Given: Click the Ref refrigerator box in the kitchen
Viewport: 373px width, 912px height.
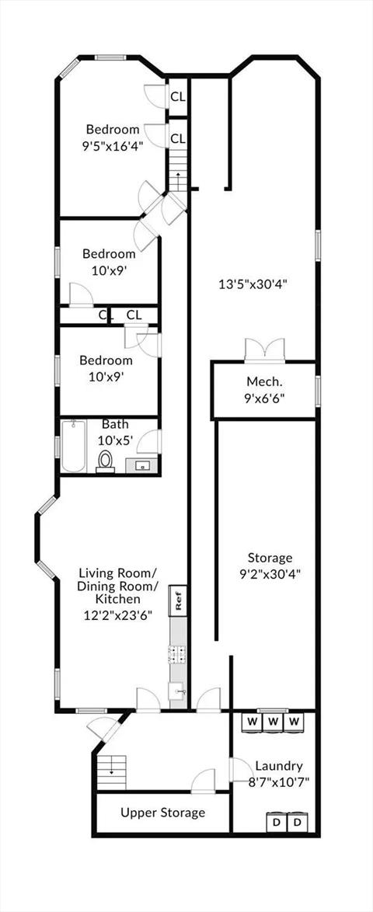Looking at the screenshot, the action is [x=178, y=600].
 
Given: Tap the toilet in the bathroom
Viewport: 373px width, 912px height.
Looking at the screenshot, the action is [x=106, y=461].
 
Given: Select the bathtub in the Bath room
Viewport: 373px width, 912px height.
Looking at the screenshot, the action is [x=74, y=447].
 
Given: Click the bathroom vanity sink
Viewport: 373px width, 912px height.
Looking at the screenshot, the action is [x=142, y=465].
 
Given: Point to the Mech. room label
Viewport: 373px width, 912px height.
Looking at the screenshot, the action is [x=265, y=382].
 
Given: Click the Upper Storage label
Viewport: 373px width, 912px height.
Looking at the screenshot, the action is [x=163, y=812].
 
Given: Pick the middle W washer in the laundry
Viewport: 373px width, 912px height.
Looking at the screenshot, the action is [x=274, y=722].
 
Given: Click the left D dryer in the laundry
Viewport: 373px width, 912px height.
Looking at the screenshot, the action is [x=276, y=823].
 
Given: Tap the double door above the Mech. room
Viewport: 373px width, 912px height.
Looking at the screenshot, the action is [x=265, y=350].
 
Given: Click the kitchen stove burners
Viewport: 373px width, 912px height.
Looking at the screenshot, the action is [x=177, y=655].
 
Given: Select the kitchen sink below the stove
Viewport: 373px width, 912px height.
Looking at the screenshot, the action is [x=177, y=691].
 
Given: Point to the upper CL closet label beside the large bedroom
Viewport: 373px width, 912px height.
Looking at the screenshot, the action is [x=178, y=97].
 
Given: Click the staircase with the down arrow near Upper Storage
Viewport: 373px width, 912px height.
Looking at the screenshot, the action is [x=111, y=772].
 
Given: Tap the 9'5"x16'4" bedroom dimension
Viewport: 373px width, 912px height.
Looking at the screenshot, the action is [x=113, y=145].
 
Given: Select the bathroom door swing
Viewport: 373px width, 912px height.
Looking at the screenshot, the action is [x=149, y=441].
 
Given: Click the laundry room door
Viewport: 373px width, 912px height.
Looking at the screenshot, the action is [x=238, y=769].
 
